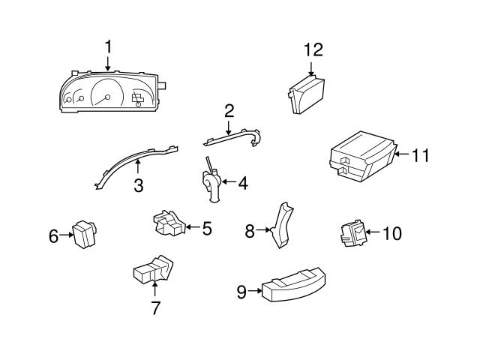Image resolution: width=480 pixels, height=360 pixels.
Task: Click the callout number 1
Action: coord(108,46)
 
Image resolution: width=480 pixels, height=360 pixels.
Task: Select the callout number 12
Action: coord(313,49)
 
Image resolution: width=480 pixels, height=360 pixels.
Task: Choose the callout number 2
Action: coord(229,111)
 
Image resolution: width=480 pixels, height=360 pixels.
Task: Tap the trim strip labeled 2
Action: coord(232,138)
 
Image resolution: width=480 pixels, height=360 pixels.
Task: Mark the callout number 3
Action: coord(139,186)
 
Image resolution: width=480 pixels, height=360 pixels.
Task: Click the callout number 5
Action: coord(206,227)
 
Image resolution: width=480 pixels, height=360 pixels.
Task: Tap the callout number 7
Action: coord(155,307)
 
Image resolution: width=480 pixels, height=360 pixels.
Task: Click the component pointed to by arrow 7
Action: coord(152,271)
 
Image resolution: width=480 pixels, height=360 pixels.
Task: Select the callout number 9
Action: coord(241,292)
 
